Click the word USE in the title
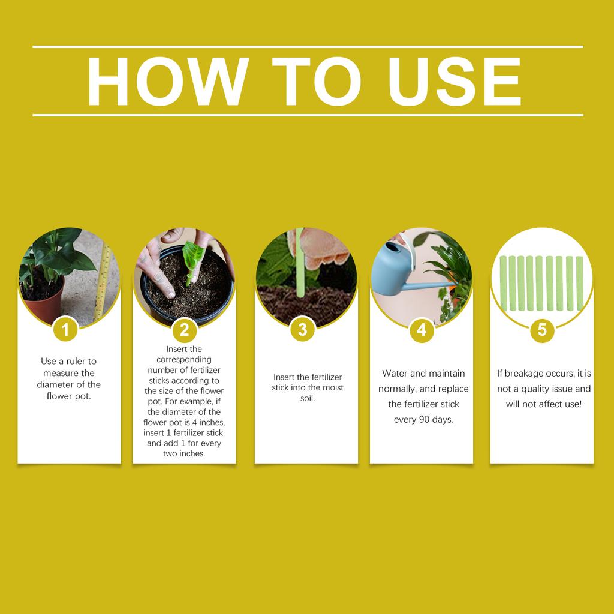click(x=454, y=82)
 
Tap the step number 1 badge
click(x=66, y=329)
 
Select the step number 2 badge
click(x=184, y=329)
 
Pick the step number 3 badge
click(x=302, y=329)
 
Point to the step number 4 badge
click(x=422, y=329)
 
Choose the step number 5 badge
click(x=542, y=329)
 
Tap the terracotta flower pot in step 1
click(x=43, y=303)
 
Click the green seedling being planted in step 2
click(x=192, y=261)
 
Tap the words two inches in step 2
click(x=184, y=453)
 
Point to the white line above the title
click(x=307, y=46)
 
